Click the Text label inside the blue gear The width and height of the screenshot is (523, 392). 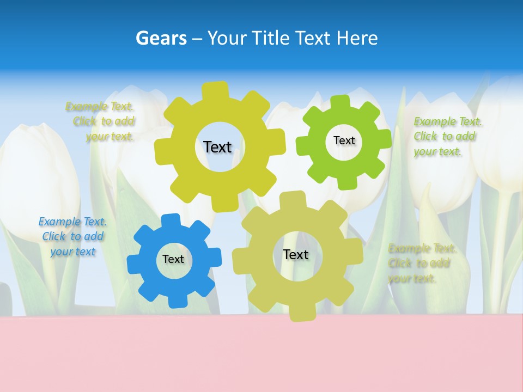click(173, 260)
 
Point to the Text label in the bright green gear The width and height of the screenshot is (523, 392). click(344, 140)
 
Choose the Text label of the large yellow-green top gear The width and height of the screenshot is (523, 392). click(217, 147)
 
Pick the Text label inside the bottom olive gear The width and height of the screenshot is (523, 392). click(296, 255)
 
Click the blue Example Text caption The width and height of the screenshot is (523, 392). click(72, 236)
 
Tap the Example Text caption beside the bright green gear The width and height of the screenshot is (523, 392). click(446, 136)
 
